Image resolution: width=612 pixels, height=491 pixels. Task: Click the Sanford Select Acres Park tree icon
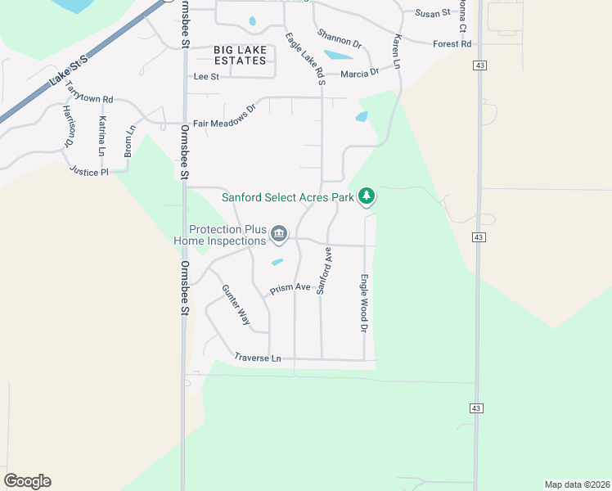click(x=368, y=196)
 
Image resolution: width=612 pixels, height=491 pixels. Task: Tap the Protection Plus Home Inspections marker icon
click(x=279, y=235)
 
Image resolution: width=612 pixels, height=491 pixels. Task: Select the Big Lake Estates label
click(x=240, y=56)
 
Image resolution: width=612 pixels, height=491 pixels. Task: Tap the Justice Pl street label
click(x=89, y=171)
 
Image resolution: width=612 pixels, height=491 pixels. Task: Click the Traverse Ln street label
click(x=257, y=358)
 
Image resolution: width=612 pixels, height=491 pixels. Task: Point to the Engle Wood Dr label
click(x=364, y=303)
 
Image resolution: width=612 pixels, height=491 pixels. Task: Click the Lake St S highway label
click(x=67, y=70)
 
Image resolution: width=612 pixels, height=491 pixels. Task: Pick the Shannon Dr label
click(x=340, y=40)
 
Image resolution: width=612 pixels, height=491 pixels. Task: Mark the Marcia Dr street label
click(x=360, y=72)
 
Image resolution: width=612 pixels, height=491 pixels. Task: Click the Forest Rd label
click(x=452, y=44)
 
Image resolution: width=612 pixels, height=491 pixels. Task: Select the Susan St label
click(x=433, y=13)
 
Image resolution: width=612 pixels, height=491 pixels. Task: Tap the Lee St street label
click(x=206, y=76)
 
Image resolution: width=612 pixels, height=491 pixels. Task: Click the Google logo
click(x=27, y=481)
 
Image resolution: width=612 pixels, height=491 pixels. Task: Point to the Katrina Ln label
click(x=102, y=136)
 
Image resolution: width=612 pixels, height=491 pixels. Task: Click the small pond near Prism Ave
click(x=277, y=263)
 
